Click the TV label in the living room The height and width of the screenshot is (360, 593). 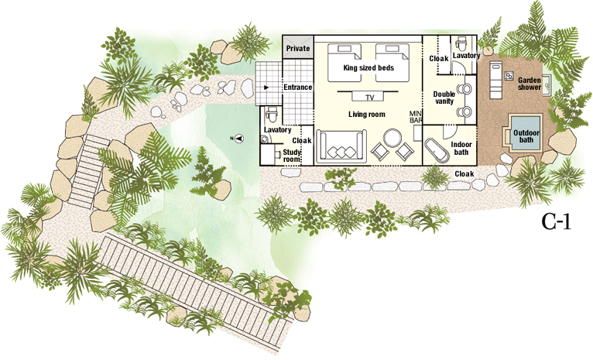point(370,98)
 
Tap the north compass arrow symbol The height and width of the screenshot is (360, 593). point(238,139)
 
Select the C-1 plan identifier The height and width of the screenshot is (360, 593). point(556,222)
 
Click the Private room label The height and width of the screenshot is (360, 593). point(298,49)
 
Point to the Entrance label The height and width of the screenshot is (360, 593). point(298,87)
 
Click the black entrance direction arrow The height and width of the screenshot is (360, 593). point(266,87)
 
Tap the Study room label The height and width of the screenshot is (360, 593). point(292,156)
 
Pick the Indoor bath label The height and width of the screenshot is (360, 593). point(461,148)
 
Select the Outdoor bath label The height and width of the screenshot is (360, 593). point(526,136)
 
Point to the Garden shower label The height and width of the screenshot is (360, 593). point(530,84)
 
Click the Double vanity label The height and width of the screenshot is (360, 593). point(444,98)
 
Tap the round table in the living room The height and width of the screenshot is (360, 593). point(392,139)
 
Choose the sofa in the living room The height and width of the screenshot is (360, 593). point(341,147)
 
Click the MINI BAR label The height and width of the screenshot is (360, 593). point(416,116)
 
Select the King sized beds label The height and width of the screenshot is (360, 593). point(368,68)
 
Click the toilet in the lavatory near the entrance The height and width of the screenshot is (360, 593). point(271,114)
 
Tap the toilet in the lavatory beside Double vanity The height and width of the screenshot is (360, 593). point(461,43)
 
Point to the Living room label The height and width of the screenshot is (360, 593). point(367,115)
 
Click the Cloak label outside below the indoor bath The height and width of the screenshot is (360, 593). point(464,174)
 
